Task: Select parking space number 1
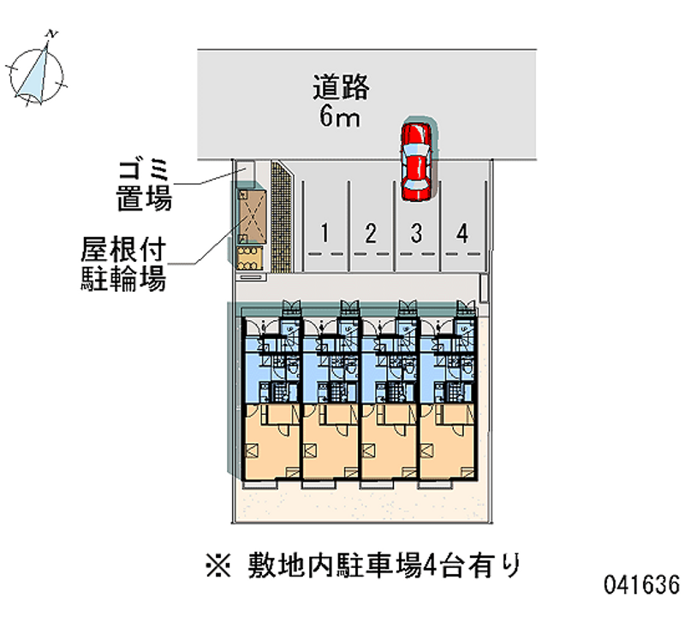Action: click(325, 232)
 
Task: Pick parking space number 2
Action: click(371, 232)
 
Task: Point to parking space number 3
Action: click(416, 232)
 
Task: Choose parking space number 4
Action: click(462, 232)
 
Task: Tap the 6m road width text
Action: click(340, 117)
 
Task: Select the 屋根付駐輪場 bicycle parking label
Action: click(123, 265)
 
